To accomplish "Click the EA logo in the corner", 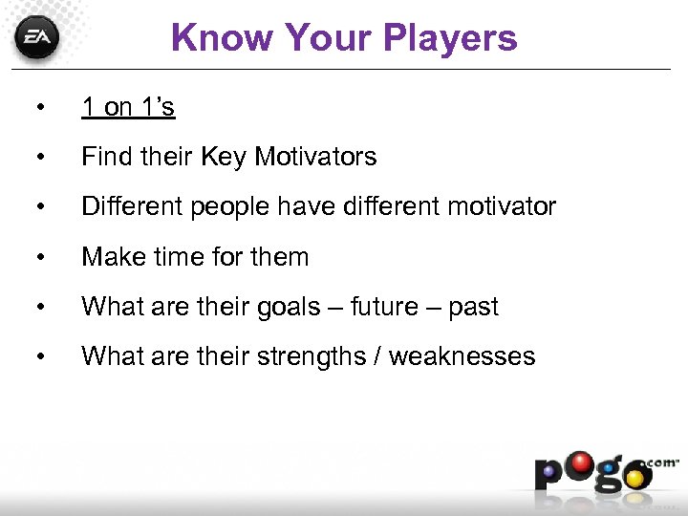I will pos(37,38).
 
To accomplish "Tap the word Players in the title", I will pos(451,38).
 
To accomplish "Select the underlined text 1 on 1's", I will pos(128,107).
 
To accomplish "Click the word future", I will pos(386,307).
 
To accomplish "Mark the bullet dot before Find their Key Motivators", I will pos(37,158).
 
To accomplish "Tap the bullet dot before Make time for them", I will pos(37,258).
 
